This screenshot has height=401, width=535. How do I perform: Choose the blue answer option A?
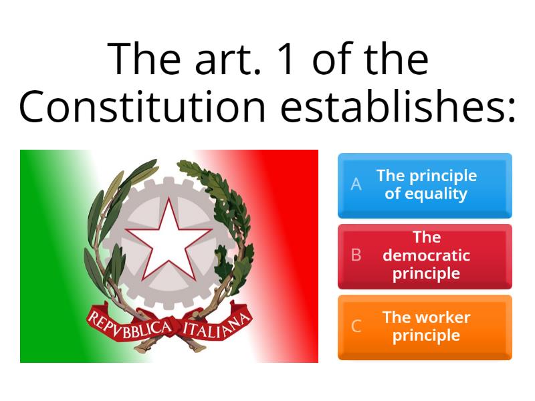[425, 185]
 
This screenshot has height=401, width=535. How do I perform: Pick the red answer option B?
[425, 256]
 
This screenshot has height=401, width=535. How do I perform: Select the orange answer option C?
[425, 327]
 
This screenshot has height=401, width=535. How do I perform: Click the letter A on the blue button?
[356, 184]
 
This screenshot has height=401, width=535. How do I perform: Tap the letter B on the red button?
[356, 255]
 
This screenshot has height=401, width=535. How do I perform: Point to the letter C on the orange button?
[356, 326]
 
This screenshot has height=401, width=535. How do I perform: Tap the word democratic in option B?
[426, 255]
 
